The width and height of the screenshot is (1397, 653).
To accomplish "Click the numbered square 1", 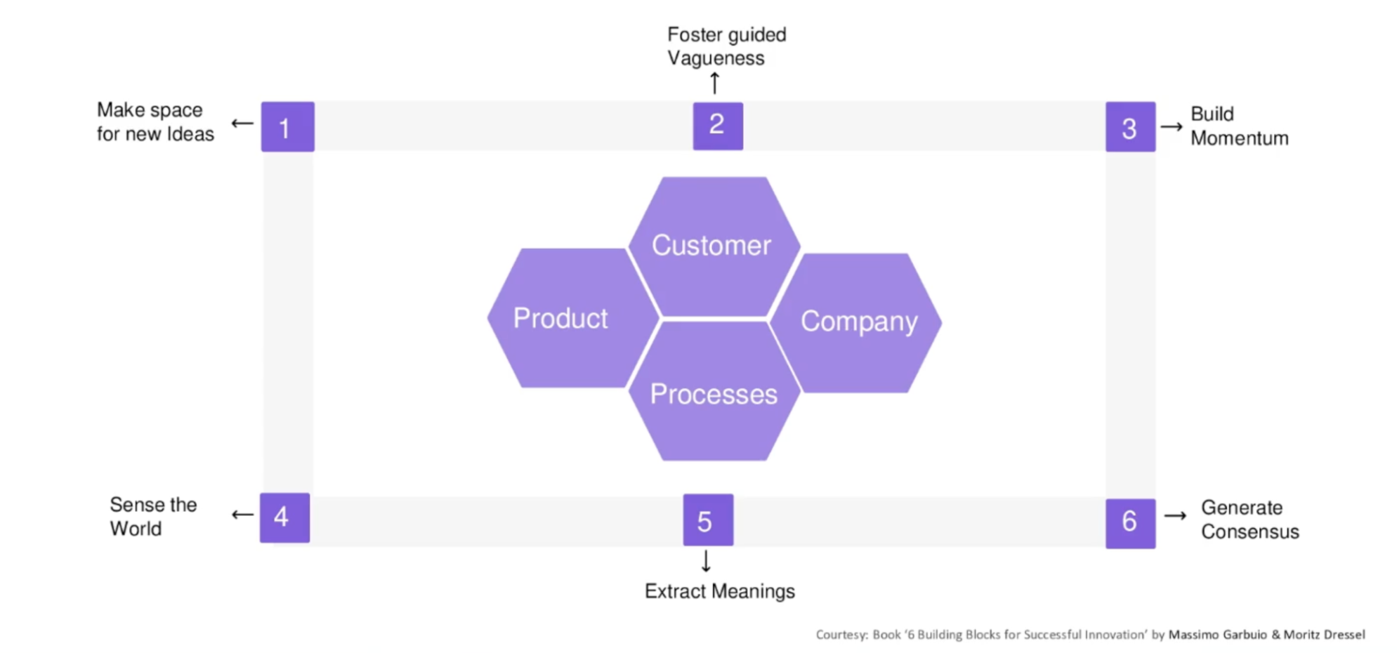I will click(x=287, y=127).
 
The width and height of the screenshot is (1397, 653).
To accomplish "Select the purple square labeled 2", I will click(x=717, y=126).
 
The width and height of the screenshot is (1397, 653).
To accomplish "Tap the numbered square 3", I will click(x=1129, y=127).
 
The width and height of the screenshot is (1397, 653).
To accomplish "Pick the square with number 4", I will click(x=284, y=517).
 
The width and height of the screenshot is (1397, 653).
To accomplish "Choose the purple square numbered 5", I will click(x=707, y=520).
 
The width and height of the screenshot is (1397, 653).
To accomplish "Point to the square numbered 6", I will click(x=1129, y=523).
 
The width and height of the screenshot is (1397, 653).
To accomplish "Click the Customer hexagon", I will click(x=712, y=246).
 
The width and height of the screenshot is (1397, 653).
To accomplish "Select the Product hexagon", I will click(x=562, y=318).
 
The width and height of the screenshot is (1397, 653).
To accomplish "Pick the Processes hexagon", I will click(x=714, y=394).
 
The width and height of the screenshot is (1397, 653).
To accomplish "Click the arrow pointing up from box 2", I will click(x=714, y=83).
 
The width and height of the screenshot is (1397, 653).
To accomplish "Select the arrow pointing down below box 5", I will click(x=706, y=561).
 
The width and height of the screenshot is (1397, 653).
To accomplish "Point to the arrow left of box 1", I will click(x=242, y=124).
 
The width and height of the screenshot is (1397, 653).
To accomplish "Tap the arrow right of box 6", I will click(x=1175, y=516).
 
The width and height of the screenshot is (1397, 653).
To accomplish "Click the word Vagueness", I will click(x=715, y=58).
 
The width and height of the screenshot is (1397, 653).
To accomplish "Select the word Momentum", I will click(x=1239, y=138).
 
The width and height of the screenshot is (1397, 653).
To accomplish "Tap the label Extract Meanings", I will click(x=719, y=591).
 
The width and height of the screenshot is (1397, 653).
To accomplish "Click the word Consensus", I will click(x=1250, y=532).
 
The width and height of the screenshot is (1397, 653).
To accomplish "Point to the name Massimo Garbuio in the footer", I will click(x=1217, y=635).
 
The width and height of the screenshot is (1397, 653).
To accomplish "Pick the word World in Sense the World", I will click(x=136, y=528).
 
